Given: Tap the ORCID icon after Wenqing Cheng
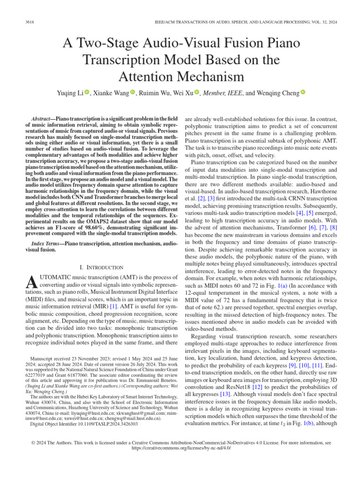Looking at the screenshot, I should pos(303,93).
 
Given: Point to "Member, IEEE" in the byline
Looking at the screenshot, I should pos(220,93).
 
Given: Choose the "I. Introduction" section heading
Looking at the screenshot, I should pos(103,267).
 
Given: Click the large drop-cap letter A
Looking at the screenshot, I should pos(31,282).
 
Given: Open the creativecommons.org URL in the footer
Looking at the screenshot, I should pos(180,448).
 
